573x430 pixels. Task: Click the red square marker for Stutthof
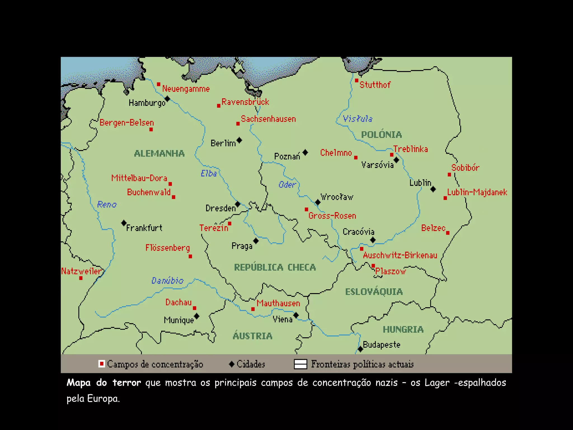coord(357,81)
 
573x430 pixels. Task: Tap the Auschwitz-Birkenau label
coord(400,255)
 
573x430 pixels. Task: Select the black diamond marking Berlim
coord(239,140)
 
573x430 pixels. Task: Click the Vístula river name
coord(358,119)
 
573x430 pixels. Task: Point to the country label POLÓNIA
coord(381,135)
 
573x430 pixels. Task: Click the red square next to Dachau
coord(194,308)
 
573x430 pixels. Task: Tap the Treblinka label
coord(410,149)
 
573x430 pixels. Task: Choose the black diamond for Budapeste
coord(360,349)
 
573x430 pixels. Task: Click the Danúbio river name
coord(167,281)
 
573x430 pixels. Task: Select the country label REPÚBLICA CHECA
coord(275,267)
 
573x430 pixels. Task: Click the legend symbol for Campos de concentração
coord(102,364)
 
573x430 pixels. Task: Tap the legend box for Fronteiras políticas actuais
coord(300,364)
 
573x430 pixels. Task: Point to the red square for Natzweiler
coord(81,278)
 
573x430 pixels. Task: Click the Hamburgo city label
coord(147,103)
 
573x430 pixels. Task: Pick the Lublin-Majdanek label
coord(477,192)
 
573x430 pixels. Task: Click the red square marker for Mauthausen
coord(253,309)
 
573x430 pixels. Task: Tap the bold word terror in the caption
coord(127,383)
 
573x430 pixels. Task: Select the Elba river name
coord(209,174)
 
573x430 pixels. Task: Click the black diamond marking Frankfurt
coord(124,223)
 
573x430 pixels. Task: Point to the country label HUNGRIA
coord(403,329)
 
